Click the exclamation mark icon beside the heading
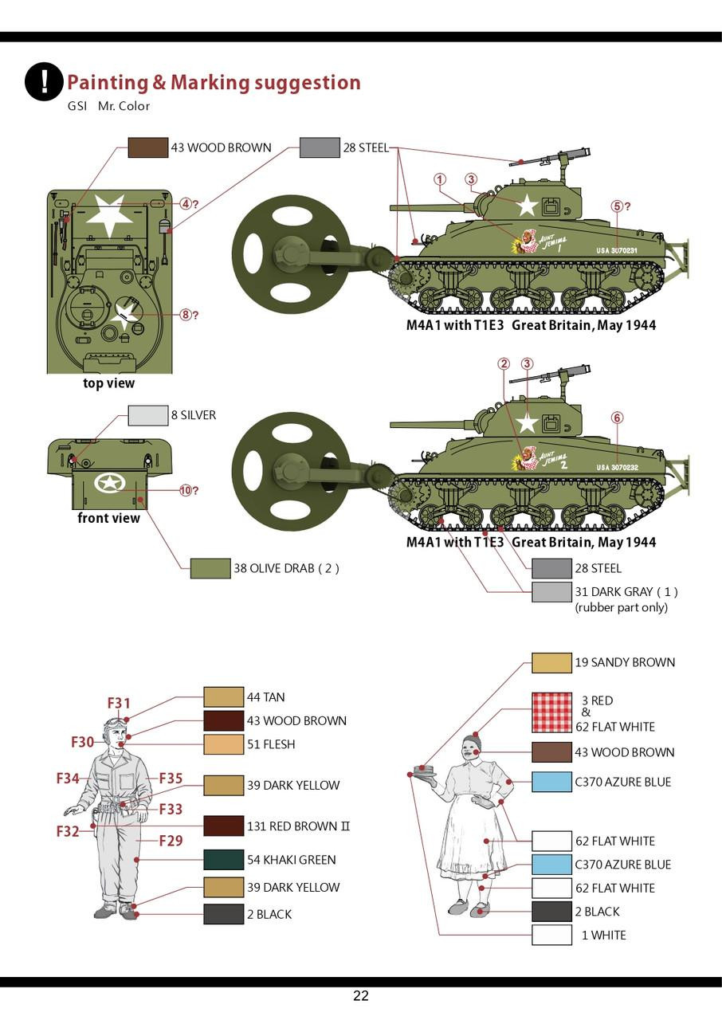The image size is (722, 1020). coord(44,81)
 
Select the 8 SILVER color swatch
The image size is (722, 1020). coord(147,415)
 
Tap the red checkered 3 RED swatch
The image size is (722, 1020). coord(551,712)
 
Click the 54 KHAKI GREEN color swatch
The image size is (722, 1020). coord(223,860)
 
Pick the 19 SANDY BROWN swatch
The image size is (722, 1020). coord(551,662)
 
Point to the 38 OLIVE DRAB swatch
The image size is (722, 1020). coord(210,568)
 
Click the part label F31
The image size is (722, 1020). coord(119,703)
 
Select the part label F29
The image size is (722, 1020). coord(171,840)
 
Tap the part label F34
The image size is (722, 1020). coord(68,779)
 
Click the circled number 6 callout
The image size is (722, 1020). coord(617,418)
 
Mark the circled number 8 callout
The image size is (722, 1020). coord(186,315)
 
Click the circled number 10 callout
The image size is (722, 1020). coord(186,490)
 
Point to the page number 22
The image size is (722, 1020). coord(361,996)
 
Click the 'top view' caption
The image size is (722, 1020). coord(109,383)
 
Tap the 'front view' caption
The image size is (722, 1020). coord(108,518)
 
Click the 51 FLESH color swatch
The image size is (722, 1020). coord(223,744)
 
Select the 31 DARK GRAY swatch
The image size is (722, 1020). coord(551,592)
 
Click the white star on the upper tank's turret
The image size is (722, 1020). coord(527,206)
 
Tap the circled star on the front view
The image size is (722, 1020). coord(109,482)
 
